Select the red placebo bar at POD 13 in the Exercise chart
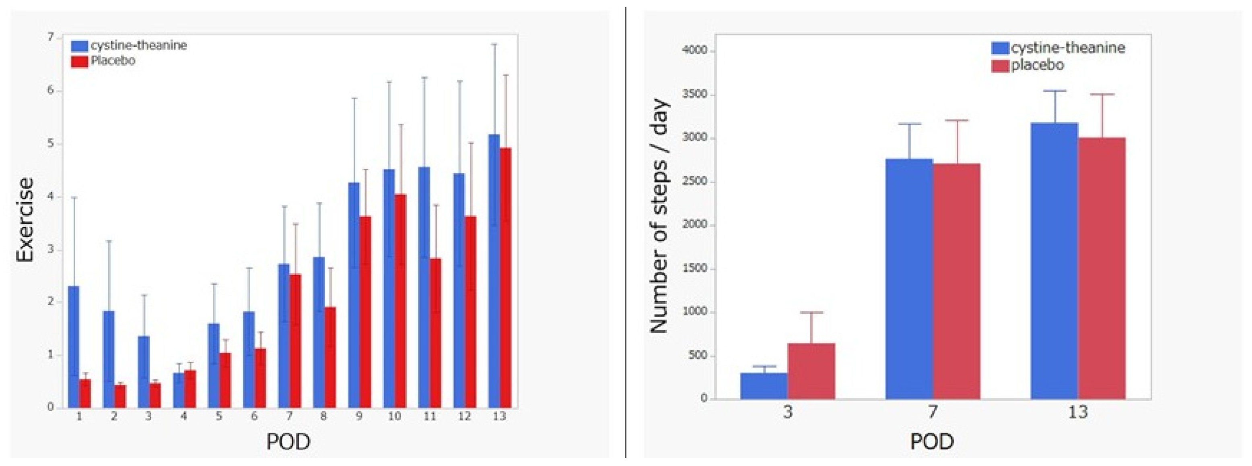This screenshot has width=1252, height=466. point(505,277)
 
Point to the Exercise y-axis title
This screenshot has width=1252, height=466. point(25,220)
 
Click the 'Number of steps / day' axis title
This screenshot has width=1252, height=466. point(659,216)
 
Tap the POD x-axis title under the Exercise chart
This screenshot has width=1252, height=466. point(288,442)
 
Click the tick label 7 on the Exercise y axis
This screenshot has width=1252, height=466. point(51,37)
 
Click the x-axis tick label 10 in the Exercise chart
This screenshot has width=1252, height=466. point(394,416)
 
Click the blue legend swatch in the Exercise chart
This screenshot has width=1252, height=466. point(79,46)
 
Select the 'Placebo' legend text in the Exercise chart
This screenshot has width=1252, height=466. point(113,61)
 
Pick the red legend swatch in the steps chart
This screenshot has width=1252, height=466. point(1000,65)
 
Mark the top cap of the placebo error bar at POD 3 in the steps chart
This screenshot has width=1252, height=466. point(811,312)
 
